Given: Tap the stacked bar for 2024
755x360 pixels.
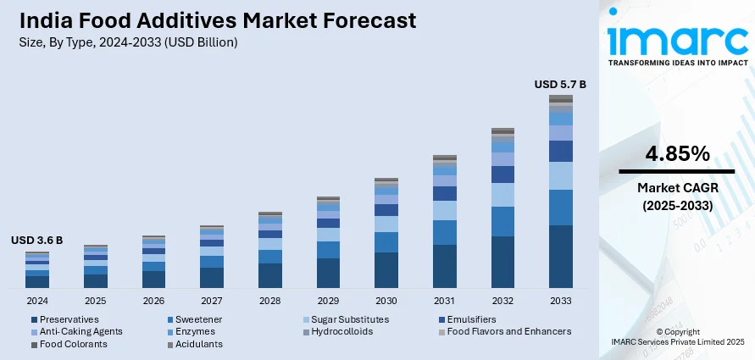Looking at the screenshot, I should (x=37, y=270).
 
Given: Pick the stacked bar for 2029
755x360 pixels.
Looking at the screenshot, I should (x=328, y=242).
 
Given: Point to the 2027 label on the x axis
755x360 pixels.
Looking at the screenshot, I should (x=212, y=301).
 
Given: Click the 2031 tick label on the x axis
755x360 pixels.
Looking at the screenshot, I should (x=444, y=301).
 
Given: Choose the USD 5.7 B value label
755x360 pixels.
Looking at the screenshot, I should (x=560, y=84).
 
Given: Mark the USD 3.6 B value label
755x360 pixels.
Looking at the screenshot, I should (x=37, y=241).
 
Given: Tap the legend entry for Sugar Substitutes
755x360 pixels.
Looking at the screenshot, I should (x=349, y=319).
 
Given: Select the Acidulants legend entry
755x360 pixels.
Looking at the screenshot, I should (x=196, y=344).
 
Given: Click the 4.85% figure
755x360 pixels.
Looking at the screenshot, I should (x=677, y=154).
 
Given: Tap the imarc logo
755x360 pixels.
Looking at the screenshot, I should (x=677, y=42).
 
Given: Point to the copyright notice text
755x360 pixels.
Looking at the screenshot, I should (x=677, y=335).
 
